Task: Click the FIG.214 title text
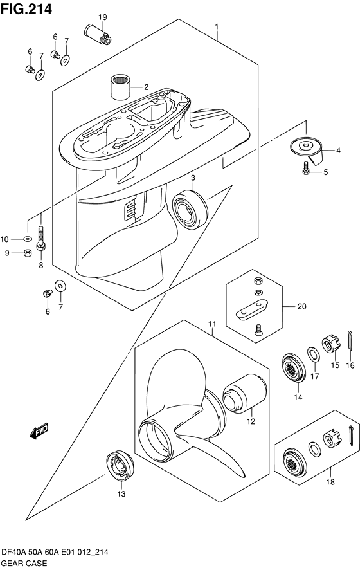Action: click(x=26, y=9)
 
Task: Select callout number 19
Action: click(x=103, y=17)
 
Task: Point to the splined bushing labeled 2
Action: click(x=120, y=87)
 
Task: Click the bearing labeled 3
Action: click(x=190, y=209)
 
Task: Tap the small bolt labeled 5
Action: click(x=305, y=169)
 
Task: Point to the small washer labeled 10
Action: click(x=28, y=239)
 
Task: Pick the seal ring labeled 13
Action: click(x=120, y=466)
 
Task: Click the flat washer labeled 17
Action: click(x=314, y=354)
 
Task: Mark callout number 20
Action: click(x=302, y=306)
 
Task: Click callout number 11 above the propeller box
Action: click(x=212, y=324)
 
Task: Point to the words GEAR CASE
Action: click(x=24, y=564)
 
